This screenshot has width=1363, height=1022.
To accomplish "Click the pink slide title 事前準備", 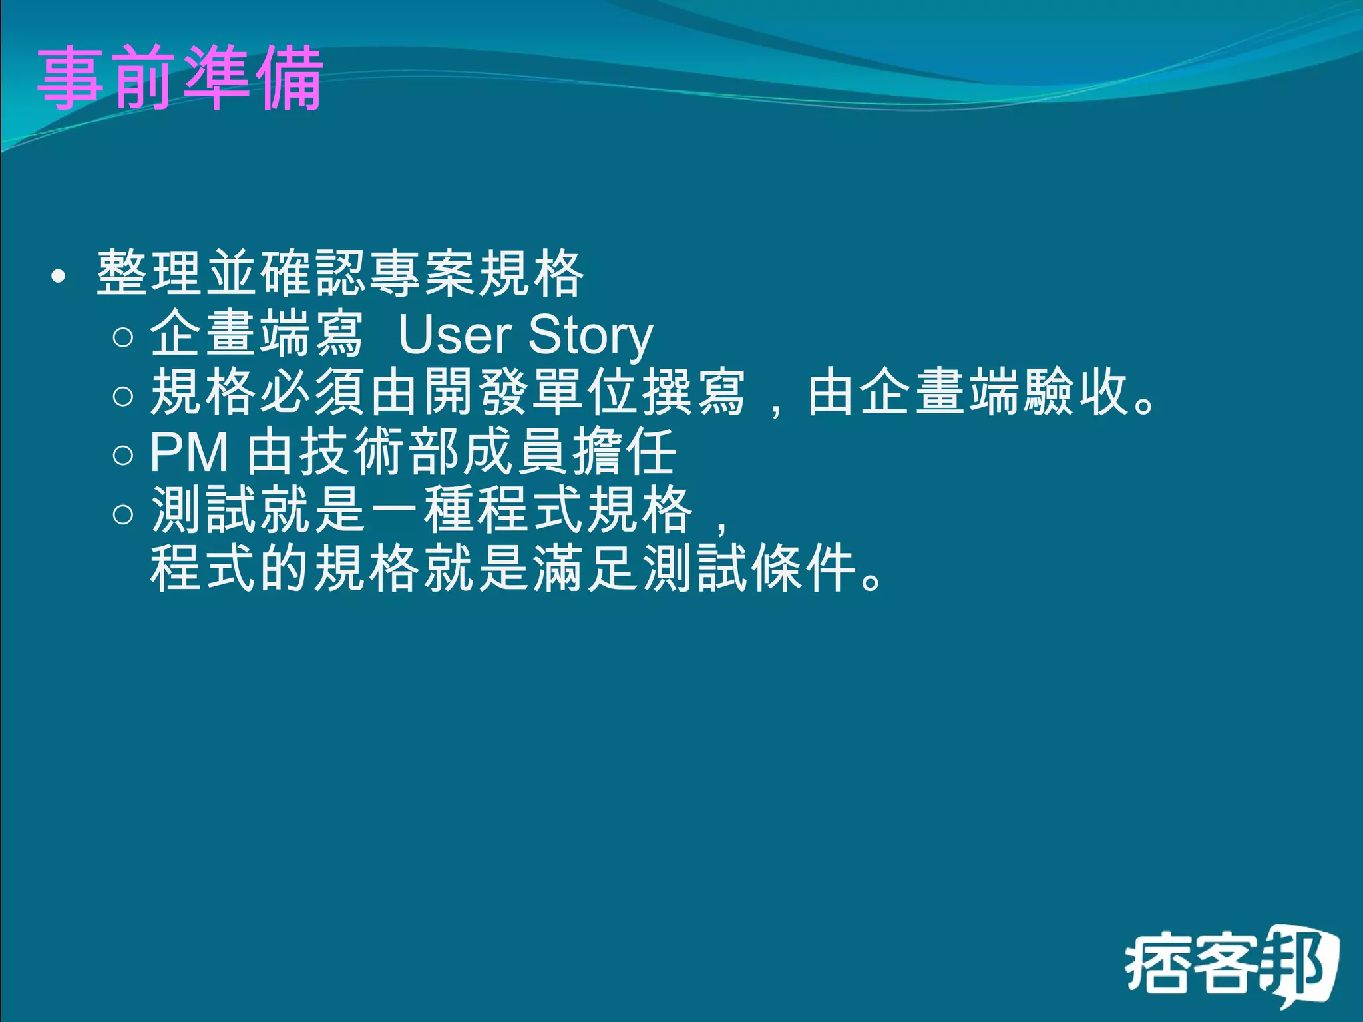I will point(180,79).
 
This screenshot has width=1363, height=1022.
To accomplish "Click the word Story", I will point(590,337).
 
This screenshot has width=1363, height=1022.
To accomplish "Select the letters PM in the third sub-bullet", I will point(190,452).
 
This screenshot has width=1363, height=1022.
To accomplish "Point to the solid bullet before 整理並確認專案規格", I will point(59,277).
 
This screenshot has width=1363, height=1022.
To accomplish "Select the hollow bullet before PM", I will point(123,455).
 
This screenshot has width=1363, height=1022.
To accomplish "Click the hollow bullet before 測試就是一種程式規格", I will point(123,514).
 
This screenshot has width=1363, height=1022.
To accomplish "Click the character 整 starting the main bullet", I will point(123,273).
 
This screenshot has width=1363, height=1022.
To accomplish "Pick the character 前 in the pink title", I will point(144,79).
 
